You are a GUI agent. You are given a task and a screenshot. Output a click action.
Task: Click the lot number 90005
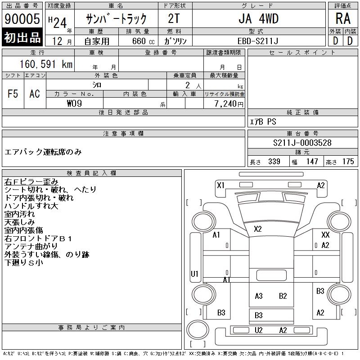pos(22,19)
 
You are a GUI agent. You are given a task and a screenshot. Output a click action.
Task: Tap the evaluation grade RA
pos(342,18)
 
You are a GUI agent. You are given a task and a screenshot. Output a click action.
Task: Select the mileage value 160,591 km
pos(45,64)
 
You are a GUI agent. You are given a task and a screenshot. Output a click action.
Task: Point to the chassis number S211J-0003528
pos(302,143)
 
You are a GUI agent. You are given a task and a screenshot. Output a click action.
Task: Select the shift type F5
pos(13,94)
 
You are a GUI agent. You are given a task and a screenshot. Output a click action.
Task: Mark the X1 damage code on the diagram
pos(220,185)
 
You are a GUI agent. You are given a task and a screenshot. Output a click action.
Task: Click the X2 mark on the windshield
pos(257,229)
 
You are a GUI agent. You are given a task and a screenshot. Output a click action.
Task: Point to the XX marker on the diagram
pos(325,235)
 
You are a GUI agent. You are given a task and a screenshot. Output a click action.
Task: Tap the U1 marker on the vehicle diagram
pos(194,274)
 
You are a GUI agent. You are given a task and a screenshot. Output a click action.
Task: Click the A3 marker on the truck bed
pos(258,296)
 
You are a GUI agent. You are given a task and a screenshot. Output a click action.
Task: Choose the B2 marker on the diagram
pos(283,296)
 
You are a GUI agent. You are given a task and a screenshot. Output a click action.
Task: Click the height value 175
pos(348,162)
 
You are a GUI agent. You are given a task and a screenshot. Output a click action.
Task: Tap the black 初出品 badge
pos(22,37)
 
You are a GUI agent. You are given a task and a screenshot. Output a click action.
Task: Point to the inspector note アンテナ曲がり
pos(31,246)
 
